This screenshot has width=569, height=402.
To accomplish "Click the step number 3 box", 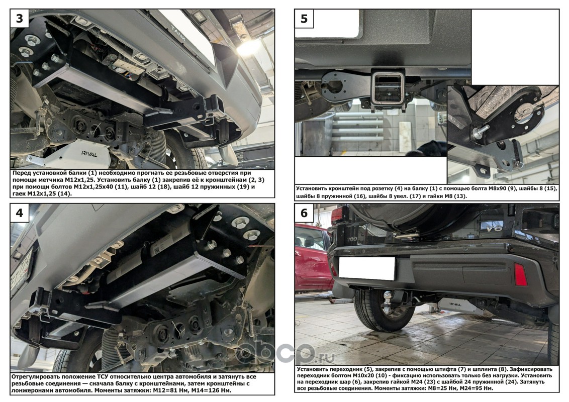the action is [x=20, y=19].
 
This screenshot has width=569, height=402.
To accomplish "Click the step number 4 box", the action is [x=20, y=213].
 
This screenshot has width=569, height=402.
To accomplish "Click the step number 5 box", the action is [x=304, y=19].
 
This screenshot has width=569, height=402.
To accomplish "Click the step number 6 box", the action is [x=304, y=213].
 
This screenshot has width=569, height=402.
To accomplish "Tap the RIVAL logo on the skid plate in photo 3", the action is [x=89, y=154].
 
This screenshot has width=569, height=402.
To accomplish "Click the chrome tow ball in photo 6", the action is [x=388, y=295].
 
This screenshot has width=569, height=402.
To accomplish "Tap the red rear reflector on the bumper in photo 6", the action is [x=521, y=275].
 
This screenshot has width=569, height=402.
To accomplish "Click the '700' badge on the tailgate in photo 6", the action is [x=352, y=240].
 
